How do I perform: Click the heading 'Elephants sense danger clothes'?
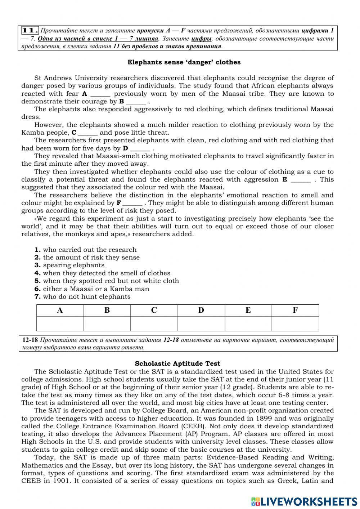(184, 62)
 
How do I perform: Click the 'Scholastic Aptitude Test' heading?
(177, 363)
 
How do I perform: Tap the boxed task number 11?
(30, 31)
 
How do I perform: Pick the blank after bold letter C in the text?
(88, 133)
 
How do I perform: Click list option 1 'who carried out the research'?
(86, 250)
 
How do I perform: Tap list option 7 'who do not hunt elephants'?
(82, 296)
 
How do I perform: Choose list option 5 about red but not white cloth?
(107, 281)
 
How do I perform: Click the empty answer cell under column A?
(60, 323)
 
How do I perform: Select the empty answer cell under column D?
(201, 323)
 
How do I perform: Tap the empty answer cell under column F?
(295, 323)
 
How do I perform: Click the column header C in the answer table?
(154, 310)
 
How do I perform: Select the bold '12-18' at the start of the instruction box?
(30, 340)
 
